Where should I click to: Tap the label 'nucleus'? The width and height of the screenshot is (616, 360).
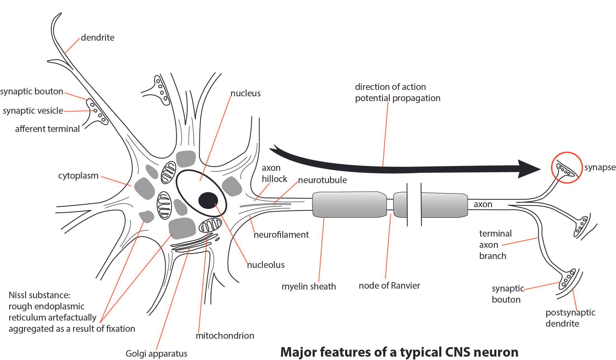(245, 93)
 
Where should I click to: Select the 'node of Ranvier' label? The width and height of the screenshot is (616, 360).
(389, 286)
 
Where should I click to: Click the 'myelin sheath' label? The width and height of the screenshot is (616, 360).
(309, 287)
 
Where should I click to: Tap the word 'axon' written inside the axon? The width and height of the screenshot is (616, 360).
(483, 204)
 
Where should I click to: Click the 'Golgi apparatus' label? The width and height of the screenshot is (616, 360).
(156, 354)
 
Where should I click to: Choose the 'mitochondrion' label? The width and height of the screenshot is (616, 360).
(225, 336)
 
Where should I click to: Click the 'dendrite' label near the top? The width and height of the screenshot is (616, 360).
(97, 38)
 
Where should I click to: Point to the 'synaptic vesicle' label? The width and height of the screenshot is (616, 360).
(33, 111)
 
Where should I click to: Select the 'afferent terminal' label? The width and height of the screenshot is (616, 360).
(47, 129)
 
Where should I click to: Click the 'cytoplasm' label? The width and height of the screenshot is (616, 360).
(78, 176)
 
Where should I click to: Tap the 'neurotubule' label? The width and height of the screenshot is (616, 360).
(322, 180)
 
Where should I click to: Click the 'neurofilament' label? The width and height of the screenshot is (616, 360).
(281, 235)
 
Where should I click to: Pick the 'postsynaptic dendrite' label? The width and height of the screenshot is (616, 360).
(570, 318)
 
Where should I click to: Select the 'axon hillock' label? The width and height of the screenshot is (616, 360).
(275, 174)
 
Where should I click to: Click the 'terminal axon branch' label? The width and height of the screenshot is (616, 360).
(495, 245)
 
